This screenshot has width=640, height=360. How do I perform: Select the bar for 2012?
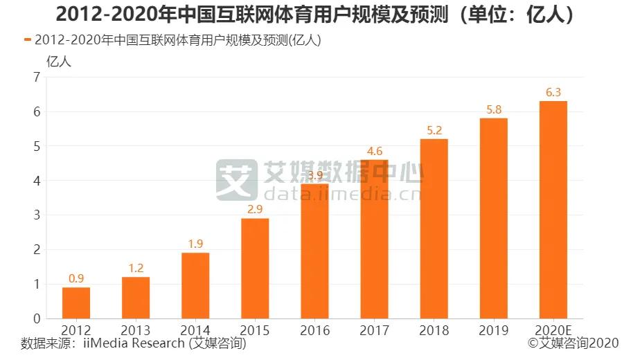pyautogui.click(x=76, y=303)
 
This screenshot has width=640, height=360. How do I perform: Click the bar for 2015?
pyautogui.click(x=255, y=268)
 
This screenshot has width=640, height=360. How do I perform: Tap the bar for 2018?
pyautogui.click(x=434, y=228)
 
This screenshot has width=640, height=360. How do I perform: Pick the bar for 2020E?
pyautogui.click(x=553, y=210)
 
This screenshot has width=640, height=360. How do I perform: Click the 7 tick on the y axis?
pyautogui.click(x=37, y=78)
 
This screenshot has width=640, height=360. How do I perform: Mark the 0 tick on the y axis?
pyautogui.click(x=37, y=318)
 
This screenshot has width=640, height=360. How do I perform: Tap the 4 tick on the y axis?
pyautogui.click(x=37, y=181)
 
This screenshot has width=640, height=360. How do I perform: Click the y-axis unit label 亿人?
pyautogui.click(x=58, y=60)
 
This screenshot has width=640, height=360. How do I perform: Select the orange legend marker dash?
pyautogui.click(x=27, y=40)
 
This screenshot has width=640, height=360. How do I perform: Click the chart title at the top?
pyautogui.click(x=319, y=15)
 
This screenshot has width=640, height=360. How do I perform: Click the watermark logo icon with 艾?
pyautogui.click(x=235, y=179)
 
